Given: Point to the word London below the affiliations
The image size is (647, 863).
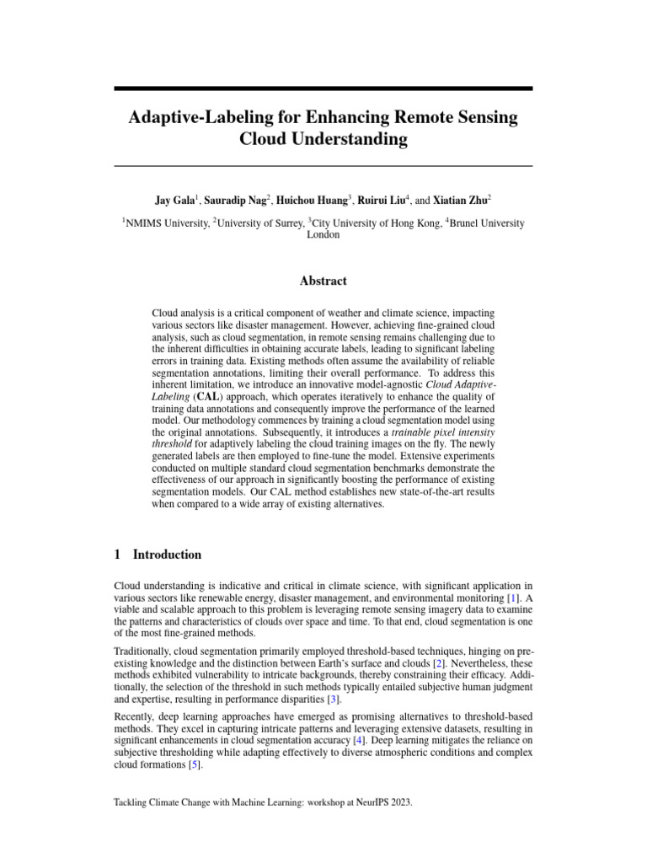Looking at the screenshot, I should [323, 236].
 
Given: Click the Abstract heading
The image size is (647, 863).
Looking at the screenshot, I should [323, 281].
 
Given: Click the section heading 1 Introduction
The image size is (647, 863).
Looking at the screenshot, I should [158, 555].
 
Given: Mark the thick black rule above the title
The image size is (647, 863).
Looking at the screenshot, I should [323, 88].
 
